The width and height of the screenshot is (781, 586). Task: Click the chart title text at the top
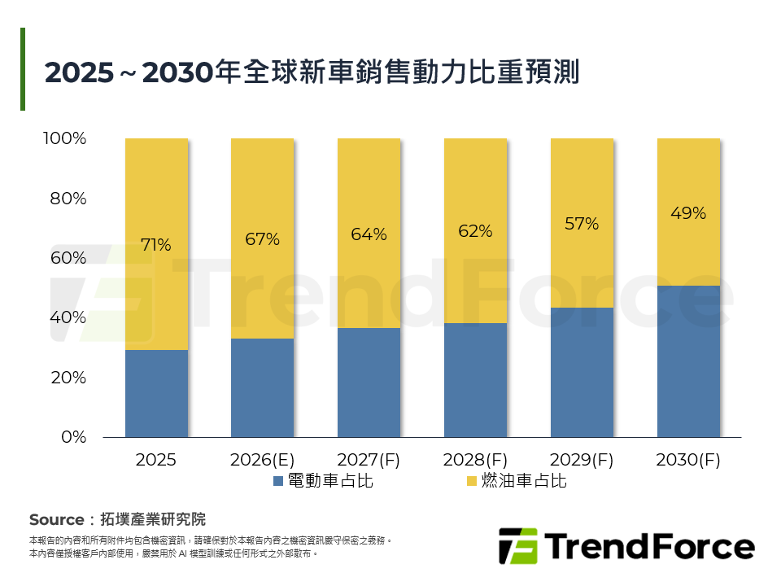[312, 72]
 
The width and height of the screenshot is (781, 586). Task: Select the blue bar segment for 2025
[156, 393]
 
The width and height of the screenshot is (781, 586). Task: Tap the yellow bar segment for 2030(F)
[688, 212]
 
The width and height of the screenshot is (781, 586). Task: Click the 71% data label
[156, 244]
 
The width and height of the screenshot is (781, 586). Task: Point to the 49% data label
[688, 213]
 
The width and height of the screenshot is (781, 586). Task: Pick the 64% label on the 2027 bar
[369, 234]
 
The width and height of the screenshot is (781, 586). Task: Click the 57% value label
[582, 224]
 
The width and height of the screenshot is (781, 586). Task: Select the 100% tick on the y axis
[64, 138]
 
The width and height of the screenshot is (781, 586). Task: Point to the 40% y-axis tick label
[68, 317]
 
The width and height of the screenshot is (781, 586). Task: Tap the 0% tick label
[73, 437]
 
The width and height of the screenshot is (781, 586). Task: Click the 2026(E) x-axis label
[262, 460]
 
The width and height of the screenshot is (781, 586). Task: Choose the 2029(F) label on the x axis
[582, 460]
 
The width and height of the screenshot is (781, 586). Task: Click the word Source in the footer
[56, 520]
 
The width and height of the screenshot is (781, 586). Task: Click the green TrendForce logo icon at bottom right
[517, 546]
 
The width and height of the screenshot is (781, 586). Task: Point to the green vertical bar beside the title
[23, 69]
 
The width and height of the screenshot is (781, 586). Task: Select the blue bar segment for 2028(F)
[475, 380]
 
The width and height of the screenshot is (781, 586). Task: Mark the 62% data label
[475, 231]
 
